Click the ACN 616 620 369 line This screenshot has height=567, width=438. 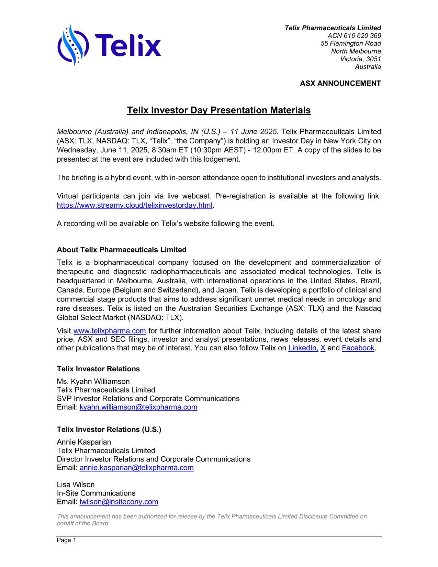354,36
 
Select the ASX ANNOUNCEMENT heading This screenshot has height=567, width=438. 340,84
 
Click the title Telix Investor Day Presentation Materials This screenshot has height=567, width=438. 218,110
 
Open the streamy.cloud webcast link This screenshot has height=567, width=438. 135,206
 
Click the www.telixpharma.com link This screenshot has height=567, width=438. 110,331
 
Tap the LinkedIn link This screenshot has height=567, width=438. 303,348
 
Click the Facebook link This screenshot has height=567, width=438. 358,348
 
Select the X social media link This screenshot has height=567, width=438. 323,348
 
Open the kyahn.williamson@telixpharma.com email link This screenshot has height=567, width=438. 138,407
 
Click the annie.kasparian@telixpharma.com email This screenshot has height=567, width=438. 136,468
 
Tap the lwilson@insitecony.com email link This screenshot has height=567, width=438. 119,502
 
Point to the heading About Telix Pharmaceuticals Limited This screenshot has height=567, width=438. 122,250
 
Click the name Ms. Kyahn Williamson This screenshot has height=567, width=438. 93,382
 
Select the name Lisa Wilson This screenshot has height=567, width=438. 76,485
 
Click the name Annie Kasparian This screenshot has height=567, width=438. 84,442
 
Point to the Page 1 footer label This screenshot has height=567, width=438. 66,541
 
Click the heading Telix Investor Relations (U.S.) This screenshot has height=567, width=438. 109,430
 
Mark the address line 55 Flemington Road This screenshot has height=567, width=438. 350,44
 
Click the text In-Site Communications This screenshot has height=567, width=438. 96,493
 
